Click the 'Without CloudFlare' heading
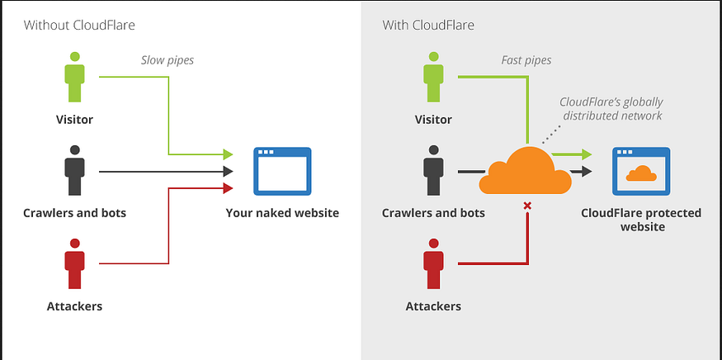[x=79, y=25]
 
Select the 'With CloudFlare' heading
[x=428, y=25]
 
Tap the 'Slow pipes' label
[x=168, y=60]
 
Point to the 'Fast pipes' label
[x=526, y=60]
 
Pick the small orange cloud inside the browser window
[x=641, y=173]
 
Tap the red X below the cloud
[x=528, y=206]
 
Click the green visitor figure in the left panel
[x=74, y=77]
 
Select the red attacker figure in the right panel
[x=433, y=263]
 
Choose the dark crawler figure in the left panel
[x=74, y=170]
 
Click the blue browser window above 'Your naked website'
[x=282, y=171]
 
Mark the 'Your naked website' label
[x=282, y=213]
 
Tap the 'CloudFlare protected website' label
[x=641, y=220]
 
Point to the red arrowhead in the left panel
[x=228, y=188]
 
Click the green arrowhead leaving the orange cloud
[x=586, y=154]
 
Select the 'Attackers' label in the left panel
[x=74, y=306]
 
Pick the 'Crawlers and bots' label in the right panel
[x=433, y=213]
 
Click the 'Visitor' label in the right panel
[x=433, y=120]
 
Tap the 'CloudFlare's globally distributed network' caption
[x=611, y=108]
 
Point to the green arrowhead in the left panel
[x=228, y=154]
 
